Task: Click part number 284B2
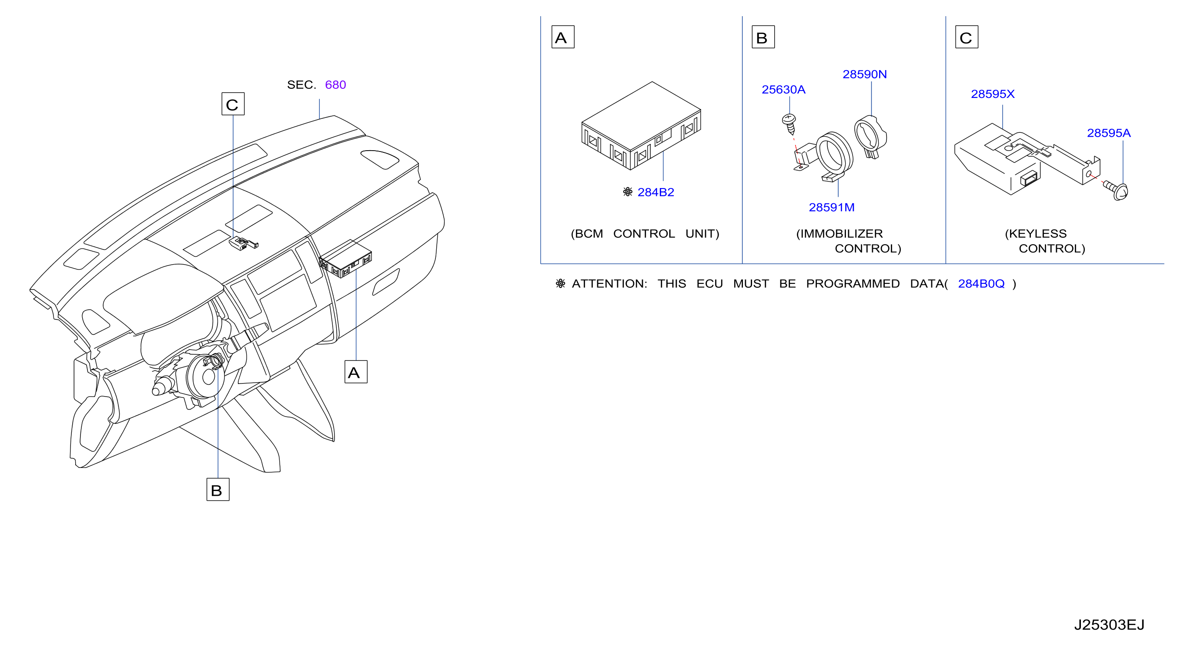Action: [656, 192]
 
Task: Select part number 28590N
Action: [864, 74]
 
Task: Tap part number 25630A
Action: [783, 90]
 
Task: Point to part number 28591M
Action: [832, 207]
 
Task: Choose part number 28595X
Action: [992, 94]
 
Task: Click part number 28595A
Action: [1109, 133]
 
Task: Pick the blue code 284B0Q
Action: [981, 284]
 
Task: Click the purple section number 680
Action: [335, 85]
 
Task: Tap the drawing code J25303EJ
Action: [1109, 625]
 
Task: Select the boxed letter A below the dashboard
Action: [356, 372]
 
